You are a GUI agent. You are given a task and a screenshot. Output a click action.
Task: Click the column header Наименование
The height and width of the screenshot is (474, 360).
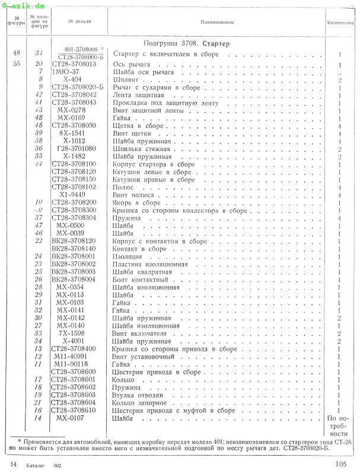click(217, 23)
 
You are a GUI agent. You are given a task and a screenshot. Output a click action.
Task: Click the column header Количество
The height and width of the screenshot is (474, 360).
click(340, 23)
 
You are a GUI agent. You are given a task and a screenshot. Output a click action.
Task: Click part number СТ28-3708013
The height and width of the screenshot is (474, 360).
click(74, 63)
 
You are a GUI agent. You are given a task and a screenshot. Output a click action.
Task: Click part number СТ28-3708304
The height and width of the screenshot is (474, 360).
click(74, 218)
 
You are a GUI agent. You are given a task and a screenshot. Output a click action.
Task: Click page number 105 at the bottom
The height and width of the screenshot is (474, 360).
click(340, 465)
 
